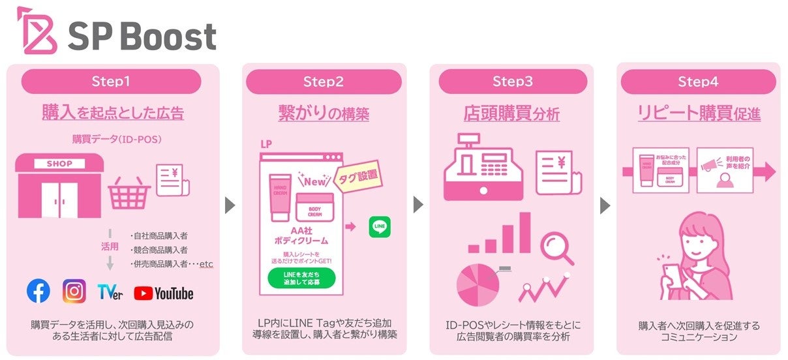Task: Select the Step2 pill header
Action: (323, 82)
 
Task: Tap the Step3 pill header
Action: (512, 82)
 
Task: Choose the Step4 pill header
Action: (697, 82)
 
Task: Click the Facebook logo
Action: (38, 292)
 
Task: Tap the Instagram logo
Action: (74, 292)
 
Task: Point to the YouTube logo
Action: (164, 293)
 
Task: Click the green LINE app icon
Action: (380, 227)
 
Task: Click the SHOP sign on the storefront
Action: (59, 164)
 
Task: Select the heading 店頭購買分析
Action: (511, 114)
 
